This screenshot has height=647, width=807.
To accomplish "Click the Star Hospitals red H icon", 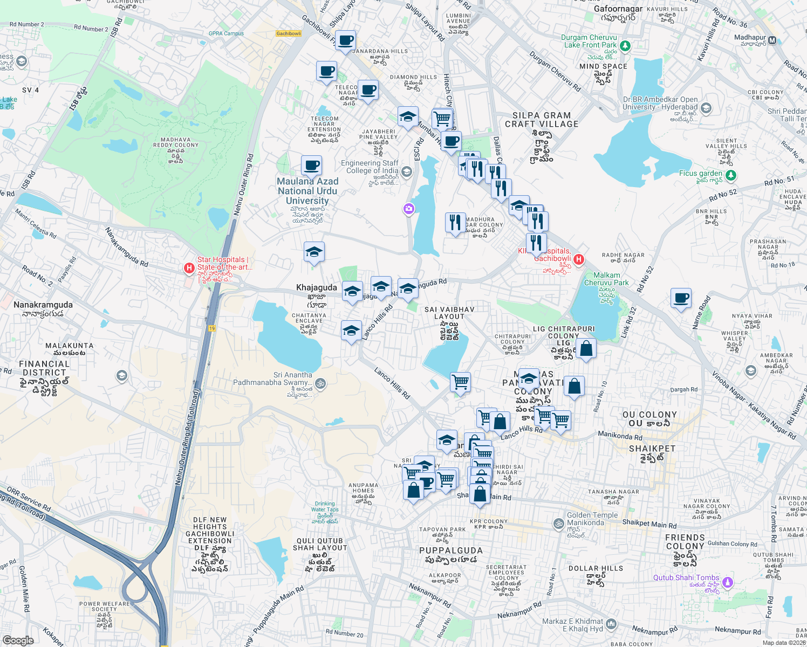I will (189, 268).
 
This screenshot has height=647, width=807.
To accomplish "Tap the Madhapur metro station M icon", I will (772, 40).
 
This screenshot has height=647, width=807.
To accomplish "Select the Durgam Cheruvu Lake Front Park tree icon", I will (625, 46).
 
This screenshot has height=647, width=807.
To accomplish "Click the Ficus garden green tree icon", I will (730, 175).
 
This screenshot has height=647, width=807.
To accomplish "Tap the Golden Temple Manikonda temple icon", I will (558, 523).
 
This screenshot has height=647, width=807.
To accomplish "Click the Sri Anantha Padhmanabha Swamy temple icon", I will (320, 383).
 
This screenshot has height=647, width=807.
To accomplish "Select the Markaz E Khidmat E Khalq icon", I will (611, 624).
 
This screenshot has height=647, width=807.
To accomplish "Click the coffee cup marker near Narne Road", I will (681, 298).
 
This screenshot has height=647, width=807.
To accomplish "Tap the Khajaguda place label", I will (317, 288).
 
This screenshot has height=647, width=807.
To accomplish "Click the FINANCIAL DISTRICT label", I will (44, 368).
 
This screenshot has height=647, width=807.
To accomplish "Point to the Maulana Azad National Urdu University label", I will (307, 191).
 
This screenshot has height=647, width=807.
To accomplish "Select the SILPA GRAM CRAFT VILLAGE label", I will (542, 120).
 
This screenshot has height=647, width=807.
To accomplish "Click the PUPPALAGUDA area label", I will (451, 550).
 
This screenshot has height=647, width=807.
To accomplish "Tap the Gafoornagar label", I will (618, 9).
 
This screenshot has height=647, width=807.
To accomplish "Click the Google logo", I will (18, 640).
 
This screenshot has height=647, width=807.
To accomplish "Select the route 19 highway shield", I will (212, 328).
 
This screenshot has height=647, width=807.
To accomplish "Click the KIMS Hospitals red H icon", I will (579, 260).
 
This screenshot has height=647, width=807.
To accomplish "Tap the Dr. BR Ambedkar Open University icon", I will (706, 108).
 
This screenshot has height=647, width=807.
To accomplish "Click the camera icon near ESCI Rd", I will (409, 209).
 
